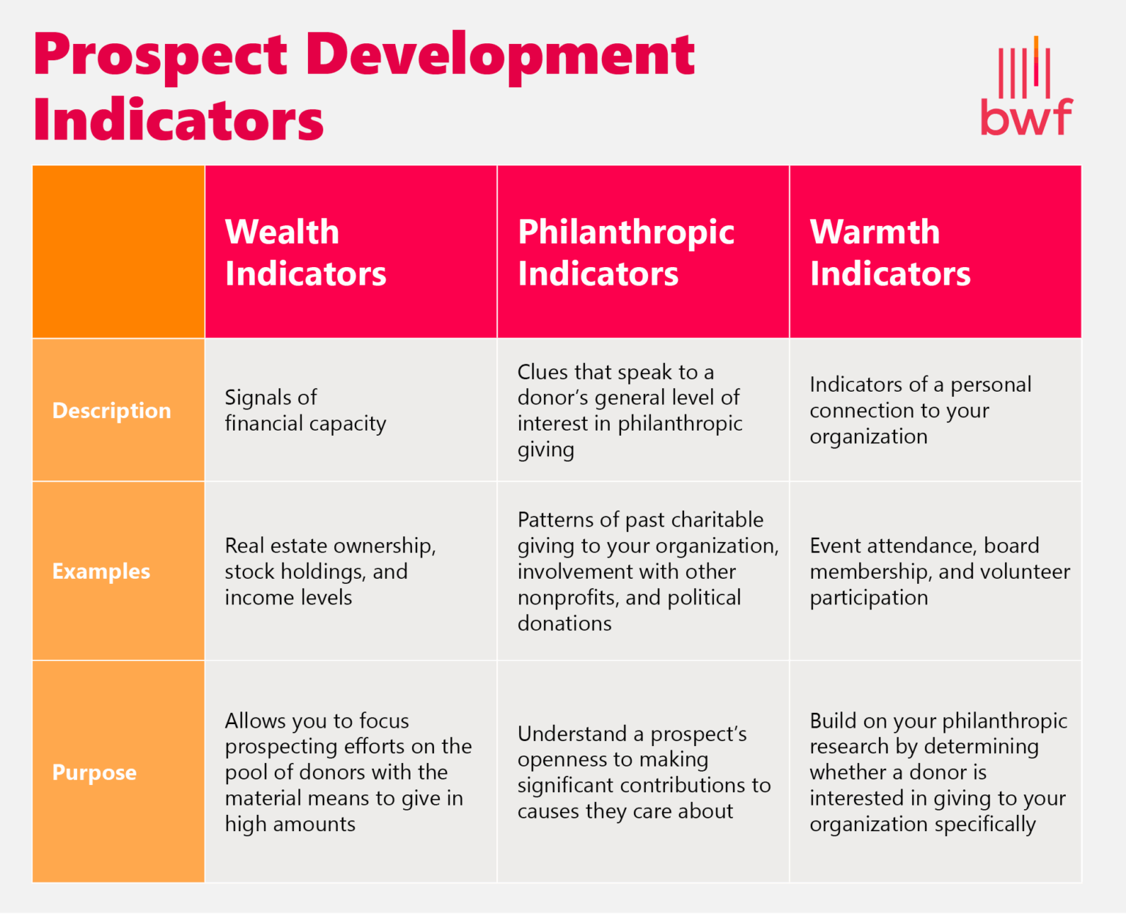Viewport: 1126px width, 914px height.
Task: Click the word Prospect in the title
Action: pos(161,56)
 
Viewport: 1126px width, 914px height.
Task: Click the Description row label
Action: pos(111,410)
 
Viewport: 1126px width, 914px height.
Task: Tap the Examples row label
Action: pos(101,571)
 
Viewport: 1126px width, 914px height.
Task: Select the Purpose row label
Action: pos(95,772)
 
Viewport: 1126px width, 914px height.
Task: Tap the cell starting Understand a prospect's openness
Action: pos(644,772)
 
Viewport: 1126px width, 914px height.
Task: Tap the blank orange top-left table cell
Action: pos(118,252)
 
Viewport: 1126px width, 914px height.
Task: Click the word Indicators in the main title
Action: pos(178,120)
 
